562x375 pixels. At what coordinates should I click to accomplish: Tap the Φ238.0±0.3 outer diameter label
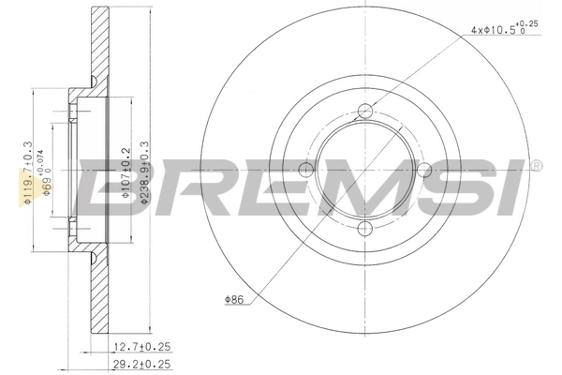[x=142, y=173]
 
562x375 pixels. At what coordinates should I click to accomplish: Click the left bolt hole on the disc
[x=303, y=170]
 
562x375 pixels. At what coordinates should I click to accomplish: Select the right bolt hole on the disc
[x=424, y=170]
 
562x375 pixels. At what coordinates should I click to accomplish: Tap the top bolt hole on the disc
[x=364, y=110]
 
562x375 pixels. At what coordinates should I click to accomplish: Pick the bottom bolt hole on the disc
[x=364, y=230]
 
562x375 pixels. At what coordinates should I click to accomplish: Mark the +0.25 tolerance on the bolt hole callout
[x=531, y=22]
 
